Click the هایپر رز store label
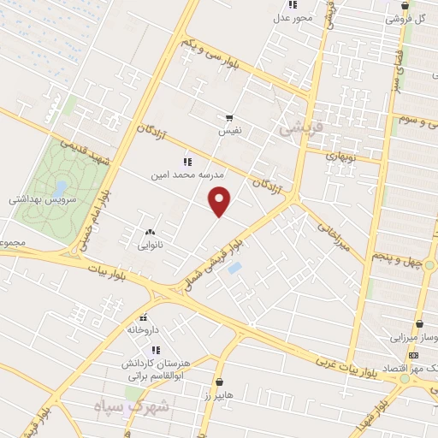[220, 396]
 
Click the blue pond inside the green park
[61, 186]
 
